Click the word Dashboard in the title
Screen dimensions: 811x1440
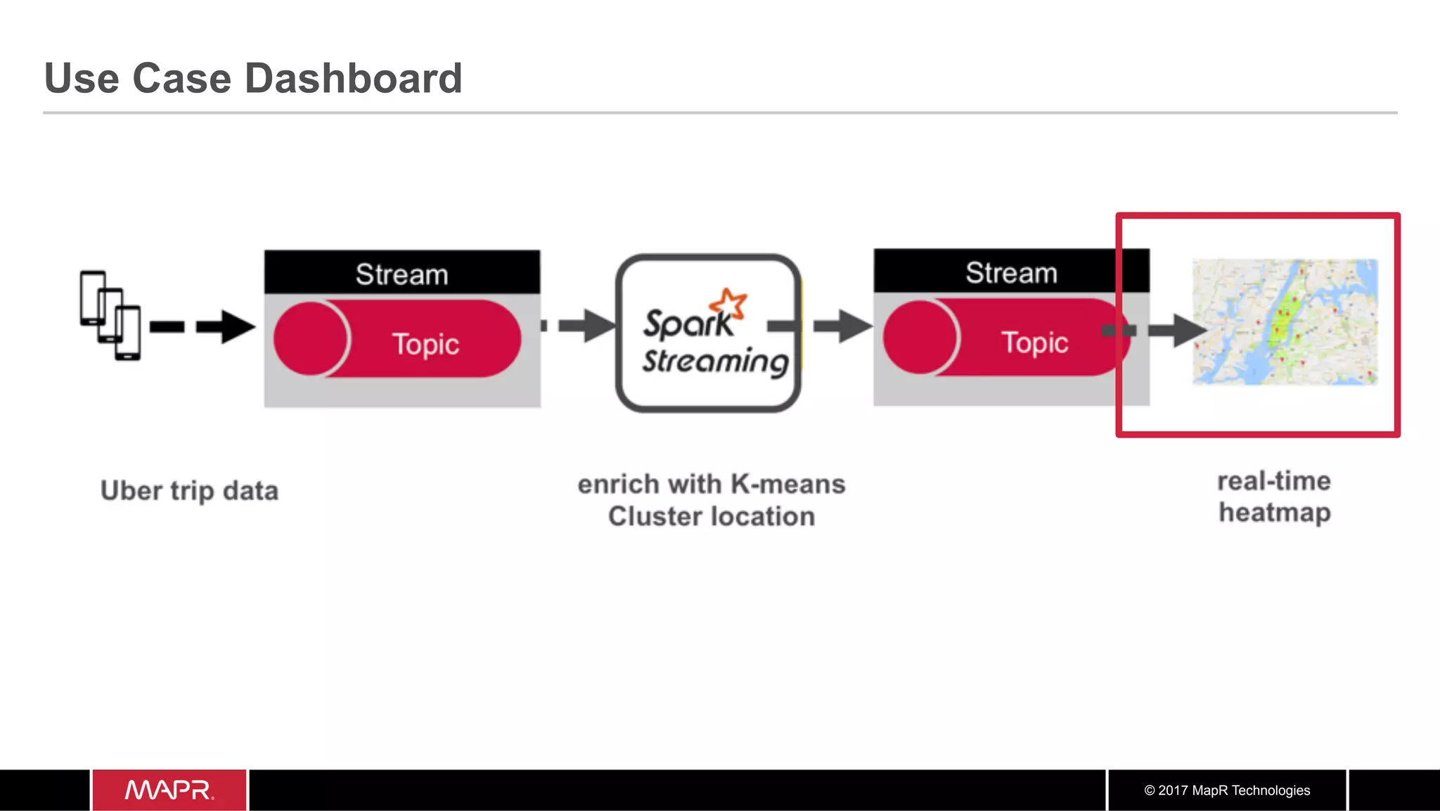(353, 78)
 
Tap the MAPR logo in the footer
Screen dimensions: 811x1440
(169, 790)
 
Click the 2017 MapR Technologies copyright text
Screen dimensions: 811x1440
(1227, 790)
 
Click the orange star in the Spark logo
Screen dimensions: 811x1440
(728, 303)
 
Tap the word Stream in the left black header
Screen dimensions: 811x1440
(401, 274)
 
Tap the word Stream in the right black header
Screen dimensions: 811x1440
(1010, 272)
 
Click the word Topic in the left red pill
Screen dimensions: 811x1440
(425, 344)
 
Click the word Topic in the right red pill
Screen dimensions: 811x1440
(1034, 343)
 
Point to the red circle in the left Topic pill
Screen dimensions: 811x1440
(309, 338)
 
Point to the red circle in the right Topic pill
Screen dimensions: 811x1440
(919, 337)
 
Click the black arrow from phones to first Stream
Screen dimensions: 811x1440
(225, 326)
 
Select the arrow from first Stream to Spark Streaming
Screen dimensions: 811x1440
(586, 326)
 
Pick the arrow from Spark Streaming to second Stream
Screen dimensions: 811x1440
(842, 326)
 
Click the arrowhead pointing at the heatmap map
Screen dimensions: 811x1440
(1188, 330)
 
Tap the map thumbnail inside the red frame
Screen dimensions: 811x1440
(1285, 321)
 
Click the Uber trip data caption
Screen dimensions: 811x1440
(189, 490)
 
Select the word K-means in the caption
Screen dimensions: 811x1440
(787, 484)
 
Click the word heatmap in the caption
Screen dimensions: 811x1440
(1274, 513)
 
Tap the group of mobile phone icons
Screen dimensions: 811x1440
(110, 315)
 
